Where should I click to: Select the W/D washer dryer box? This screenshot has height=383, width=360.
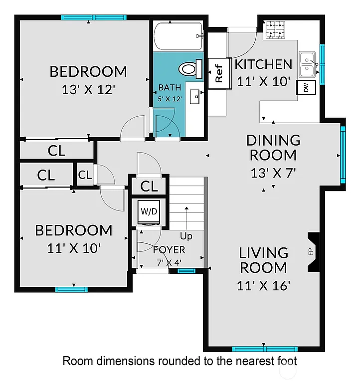pyautogui.click(x=148, y=211)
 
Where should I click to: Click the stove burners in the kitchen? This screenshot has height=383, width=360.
pyautogui.click(x=275, y=29)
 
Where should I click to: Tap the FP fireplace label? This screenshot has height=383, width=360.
pyautogui.click(x=311, y=252)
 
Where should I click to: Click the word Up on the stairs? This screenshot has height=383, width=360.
pyautogui.click(x=186, y=236)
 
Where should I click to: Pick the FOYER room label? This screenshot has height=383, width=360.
pyautogui.click(x=169, y=250)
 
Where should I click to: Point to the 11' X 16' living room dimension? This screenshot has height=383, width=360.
pyautogui.click(x=264, y=286)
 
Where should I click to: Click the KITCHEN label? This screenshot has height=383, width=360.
pyautogui.click(x=263, y=64)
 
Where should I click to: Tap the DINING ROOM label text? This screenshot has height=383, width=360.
pyautogui.click(x=274, y=148)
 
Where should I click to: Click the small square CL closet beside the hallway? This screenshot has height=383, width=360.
pyautogui.click(x=85, y=175)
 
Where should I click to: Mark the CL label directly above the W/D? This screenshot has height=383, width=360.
pyautogui.click(x=149, y=187)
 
